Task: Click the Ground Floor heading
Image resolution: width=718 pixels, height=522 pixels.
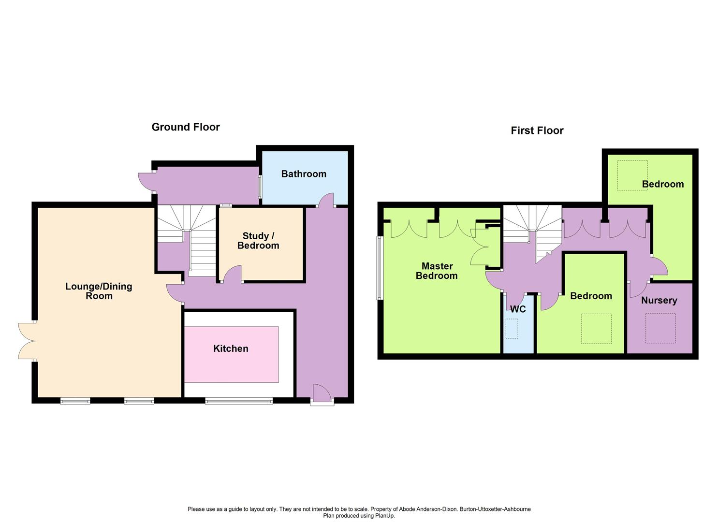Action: click(x=186, y=127)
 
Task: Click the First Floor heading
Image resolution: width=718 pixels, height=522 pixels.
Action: click(x=537, y=130)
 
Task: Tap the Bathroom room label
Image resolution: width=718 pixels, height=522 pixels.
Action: click(x=304, y=174)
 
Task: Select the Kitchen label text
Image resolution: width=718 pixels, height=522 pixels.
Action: click(x=231, y=348)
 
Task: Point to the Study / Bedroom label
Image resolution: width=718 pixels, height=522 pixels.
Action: click(x=258, y=241)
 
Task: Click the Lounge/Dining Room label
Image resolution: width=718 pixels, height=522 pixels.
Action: click(x=99, y=291)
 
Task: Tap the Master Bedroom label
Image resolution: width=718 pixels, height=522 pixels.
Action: click(x=437, y=271)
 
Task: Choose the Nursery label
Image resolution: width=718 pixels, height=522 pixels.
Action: click(x=659, y=301)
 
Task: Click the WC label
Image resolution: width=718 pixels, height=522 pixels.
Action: click(x=518, y=309)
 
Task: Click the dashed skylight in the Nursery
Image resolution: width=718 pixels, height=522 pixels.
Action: click(x=660, y=328)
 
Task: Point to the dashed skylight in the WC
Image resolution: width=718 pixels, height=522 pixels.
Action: click(x=512, y=329)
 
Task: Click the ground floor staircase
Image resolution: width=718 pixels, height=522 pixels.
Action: click(x=187, y=240)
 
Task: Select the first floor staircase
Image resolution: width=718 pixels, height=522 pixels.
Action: click(x=532, y=234)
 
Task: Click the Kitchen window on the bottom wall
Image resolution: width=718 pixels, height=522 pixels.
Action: click(x=239, y=401)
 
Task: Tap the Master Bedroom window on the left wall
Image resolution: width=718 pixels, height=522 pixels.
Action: click(x=380, y=268)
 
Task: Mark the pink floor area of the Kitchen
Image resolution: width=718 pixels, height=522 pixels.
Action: click(x=231, y=354)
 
